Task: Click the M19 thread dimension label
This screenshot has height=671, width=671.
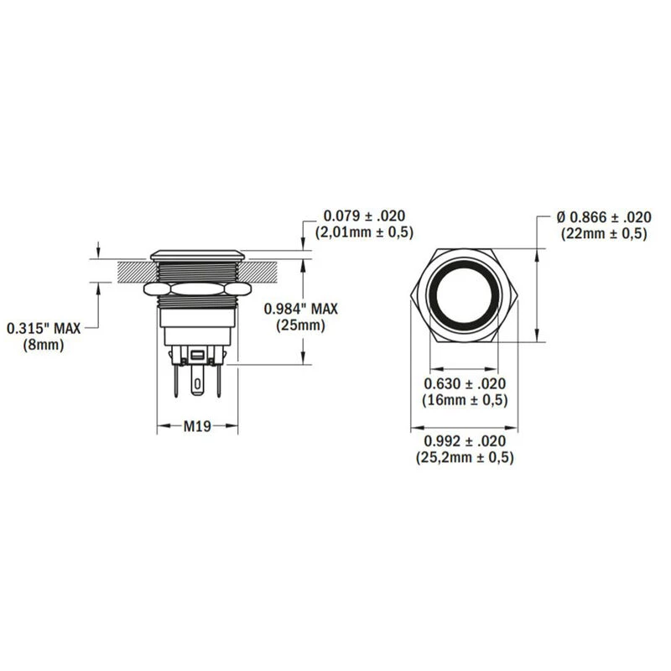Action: tap(197, 427)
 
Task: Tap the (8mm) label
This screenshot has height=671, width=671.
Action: tap(44, 344)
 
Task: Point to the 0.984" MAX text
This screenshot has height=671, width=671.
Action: tap(300, 309)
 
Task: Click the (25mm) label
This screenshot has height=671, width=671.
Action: tap(300, 325)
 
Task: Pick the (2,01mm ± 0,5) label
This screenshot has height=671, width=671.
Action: tap(363, 231)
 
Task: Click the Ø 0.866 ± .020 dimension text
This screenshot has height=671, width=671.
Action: tap(604, 216)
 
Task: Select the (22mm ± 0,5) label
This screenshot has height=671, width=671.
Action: tap(604, 233)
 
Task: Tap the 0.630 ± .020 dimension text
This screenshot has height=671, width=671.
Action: tap(465, 384)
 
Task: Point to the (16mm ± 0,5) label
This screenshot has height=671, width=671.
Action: tap(465, 401)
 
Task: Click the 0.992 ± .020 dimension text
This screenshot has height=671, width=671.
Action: tap(465, 441)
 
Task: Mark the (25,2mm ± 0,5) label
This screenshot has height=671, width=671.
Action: tap(465, 458)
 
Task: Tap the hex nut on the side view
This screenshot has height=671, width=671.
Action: tap(197, 289)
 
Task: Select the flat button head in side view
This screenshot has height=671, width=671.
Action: tap(197, 252)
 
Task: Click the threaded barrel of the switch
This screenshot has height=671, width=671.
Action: tap(197, 270)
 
